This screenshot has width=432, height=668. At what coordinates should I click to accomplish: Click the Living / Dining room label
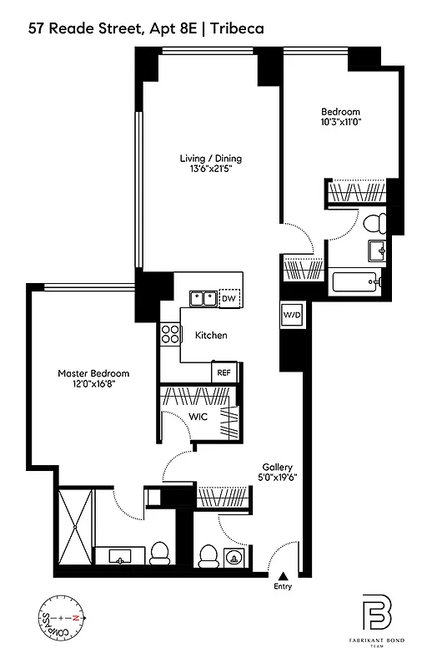click(216, 158)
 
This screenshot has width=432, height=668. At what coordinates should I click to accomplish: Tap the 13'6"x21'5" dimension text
click(216, 170)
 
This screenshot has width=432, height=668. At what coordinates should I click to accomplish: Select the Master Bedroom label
click(93, 373)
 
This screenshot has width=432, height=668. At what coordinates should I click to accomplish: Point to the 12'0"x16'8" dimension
click(93, 385)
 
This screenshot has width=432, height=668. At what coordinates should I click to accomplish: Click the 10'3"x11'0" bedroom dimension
click(341, 122)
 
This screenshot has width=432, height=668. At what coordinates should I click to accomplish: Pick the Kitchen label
click(211, 336)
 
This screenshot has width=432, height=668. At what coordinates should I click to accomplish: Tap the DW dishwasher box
click(229, 298)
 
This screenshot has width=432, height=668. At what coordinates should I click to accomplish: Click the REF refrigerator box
click(223, 373)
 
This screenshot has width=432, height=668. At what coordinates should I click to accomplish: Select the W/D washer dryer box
click(292, 316)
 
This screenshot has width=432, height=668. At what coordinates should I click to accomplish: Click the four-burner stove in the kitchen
click(171, 334)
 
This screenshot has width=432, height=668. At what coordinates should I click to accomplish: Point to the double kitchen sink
click(201, 298)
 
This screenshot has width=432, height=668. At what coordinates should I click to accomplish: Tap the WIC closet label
click(197, 414)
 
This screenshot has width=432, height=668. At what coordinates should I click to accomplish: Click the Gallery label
click(277, 467)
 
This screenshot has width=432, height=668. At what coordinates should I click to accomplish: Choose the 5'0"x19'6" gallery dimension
click(277, 478)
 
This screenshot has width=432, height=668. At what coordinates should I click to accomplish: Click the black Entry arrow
click(284, 575)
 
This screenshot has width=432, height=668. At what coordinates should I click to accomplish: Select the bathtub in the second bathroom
click(355, 282)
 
